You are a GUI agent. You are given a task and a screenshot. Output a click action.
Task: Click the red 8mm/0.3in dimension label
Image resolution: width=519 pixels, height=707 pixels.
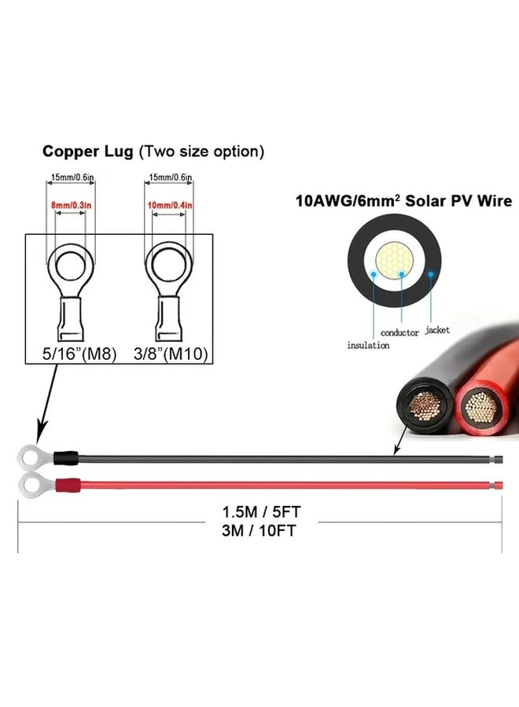pyautogui.click(x=72, y=205)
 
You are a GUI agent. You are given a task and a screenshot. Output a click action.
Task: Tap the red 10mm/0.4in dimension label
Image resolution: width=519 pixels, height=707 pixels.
pyautogui.click(x=170, y=205)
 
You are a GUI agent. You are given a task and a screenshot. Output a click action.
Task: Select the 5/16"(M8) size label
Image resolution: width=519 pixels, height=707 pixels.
pyautogui.click(x=79, y=353)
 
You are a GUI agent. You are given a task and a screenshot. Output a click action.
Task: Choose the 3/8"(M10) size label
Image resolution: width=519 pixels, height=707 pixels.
pyautogui.click(x=171, y=353)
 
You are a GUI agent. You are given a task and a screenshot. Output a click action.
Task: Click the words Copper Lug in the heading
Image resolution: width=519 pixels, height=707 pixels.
pyautogui.click(x=87, y=152)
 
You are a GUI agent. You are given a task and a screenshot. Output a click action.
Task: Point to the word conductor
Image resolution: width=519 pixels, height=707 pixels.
pyautogui.click(x=399, y=333)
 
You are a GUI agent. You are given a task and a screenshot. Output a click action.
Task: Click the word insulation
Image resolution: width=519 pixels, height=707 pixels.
pyautogui.click(x=368, y=346)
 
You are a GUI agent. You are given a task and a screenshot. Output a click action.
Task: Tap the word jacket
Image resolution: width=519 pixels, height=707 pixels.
pyautogui.click(x=437, y=330)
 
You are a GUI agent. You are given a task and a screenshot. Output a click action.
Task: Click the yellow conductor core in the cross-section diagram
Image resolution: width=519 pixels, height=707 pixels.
pyautogui.click(x=395, y=261)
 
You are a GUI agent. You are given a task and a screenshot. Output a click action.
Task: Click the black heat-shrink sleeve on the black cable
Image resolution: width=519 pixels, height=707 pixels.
pyautogui.click(x=66, y=458)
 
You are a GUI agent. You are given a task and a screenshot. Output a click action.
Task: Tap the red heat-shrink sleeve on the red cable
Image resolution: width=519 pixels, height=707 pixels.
pyautogui.click(x=68, y=486)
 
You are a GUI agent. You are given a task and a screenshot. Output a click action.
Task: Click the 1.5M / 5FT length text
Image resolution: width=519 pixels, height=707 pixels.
pyautogui.click(x=261, y=512)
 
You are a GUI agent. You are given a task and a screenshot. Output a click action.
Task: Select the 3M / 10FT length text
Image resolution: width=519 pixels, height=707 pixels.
pyautogui.click(x=259, y=531)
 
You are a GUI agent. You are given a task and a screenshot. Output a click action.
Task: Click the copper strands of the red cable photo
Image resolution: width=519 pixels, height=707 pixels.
pyautogui.click(x=480, y=407)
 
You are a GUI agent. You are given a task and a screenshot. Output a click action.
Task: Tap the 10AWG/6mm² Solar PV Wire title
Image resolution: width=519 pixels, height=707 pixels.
pyautogui.click(x=404, y=200)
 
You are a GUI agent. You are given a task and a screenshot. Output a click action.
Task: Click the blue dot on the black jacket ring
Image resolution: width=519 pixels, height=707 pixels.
pyautogui.click(x=431, y=273)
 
